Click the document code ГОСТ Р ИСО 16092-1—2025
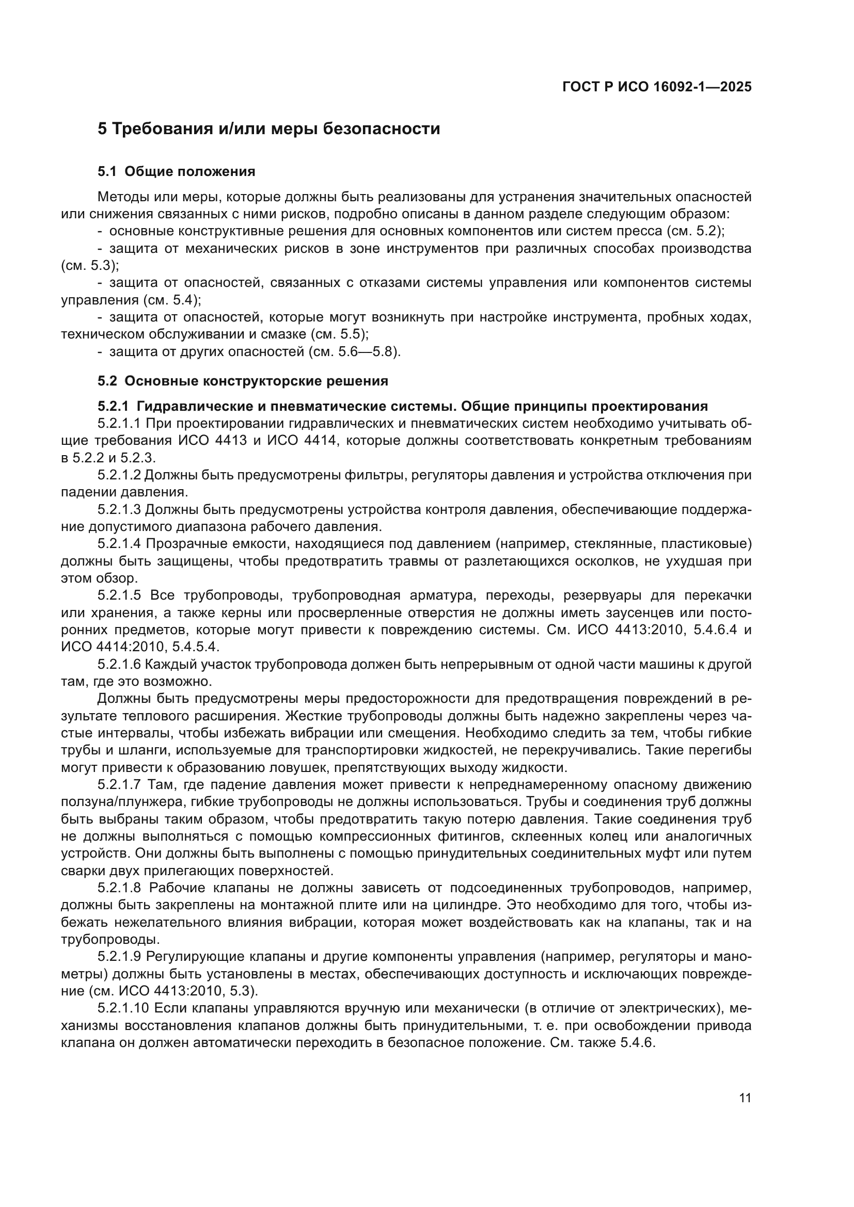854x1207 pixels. pyautogui.click(x=656, y=87)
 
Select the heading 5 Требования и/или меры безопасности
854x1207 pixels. pyautogui.click(x=268, y=129)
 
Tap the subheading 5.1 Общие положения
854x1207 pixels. pyautogui.click(x=176, y=172)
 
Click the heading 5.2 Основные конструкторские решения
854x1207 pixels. pyautogui.click(x=243, y=381)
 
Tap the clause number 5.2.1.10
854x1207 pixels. pyautogui.click(x=123, y=1009)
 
